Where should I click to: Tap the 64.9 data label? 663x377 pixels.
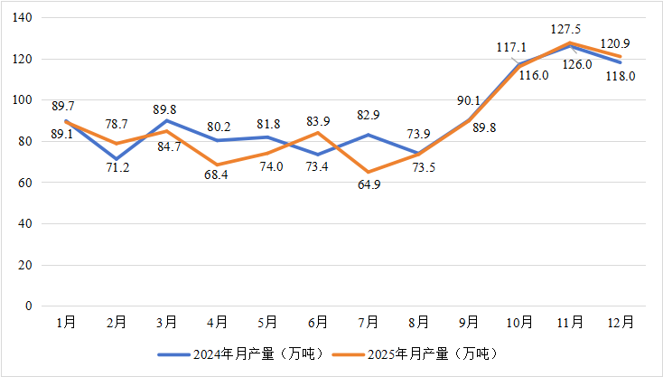[x=367, y=186]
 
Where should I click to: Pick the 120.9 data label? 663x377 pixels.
[x=621, y=43]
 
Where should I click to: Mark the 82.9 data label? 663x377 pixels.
[x=367, y=115]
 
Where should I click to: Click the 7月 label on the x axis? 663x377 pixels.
[x=367, y=323]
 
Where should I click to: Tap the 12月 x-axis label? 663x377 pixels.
[x=621, y=323]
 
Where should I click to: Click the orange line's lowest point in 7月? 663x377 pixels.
[x=367, y=172]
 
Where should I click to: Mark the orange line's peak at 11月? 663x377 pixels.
[x=569, y=42]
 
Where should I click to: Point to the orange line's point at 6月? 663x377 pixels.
[x=317, y=133]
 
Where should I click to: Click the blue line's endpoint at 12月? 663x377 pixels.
[x=621, y=62]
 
